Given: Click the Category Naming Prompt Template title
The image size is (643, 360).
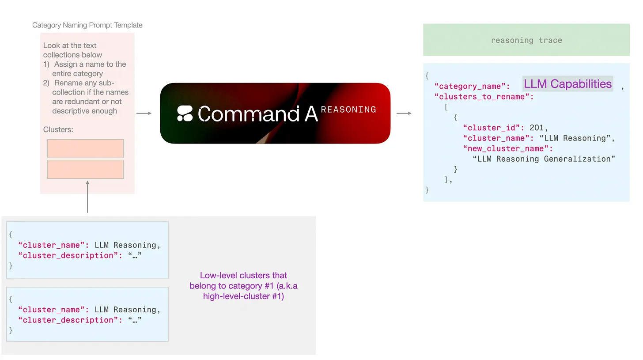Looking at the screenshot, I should (x=87, y=25).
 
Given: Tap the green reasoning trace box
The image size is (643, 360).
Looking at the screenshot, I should (x=526, y=40).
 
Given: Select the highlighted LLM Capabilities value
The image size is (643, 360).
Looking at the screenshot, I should (x=567, y=84).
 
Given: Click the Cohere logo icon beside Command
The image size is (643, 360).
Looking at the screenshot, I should (x=185, y=114).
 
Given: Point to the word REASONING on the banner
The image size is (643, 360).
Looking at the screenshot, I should (x=348, y=109).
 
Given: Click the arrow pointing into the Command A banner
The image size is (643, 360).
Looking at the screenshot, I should (x=144, y=114).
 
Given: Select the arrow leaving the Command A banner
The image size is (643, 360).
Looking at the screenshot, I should (x=404, y=114).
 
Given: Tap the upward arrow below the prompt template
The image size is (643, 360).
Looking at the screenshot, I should (x=87, y=197).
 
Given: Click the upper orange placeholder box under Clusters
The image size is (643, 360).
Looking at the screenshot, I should (x=85, y=148).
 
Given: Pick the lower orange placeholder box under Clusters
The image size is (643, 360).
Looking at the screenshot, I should (x=85, y=169).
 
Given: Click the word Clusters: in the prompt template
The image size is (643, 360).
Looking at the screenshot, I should (x=58, y=130).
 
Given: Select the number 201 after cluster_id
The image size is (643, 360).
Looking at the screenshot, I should (x=536, y=128).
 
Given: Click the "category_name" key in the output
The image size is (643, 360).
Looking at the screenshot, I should (x=472, y=86).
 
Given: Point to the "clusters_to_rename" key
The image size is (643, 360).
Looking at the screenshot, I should (x=484, y=97).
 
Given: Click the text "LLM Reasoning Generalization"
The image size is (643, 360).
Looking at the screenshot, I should (x=544, y=159).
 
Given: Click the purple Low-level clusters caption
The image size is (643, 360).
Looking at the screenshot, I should (x=243, y=286).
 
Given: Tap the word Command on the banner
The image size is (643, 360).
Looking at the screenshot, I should (x=249, y=114).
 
